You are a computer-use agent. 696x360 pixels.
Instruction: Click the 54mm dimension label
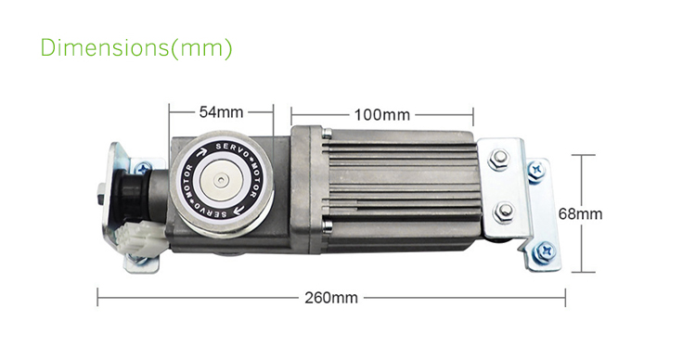point(221,112)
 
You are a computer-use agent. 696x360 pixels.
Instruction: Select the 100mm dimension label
point(381,115)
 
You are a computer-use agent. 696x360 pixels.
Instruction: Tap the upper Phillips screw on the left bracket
point(142,168)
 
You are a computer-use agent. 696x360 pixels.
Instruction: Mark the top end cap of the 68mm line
point(582,155)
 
